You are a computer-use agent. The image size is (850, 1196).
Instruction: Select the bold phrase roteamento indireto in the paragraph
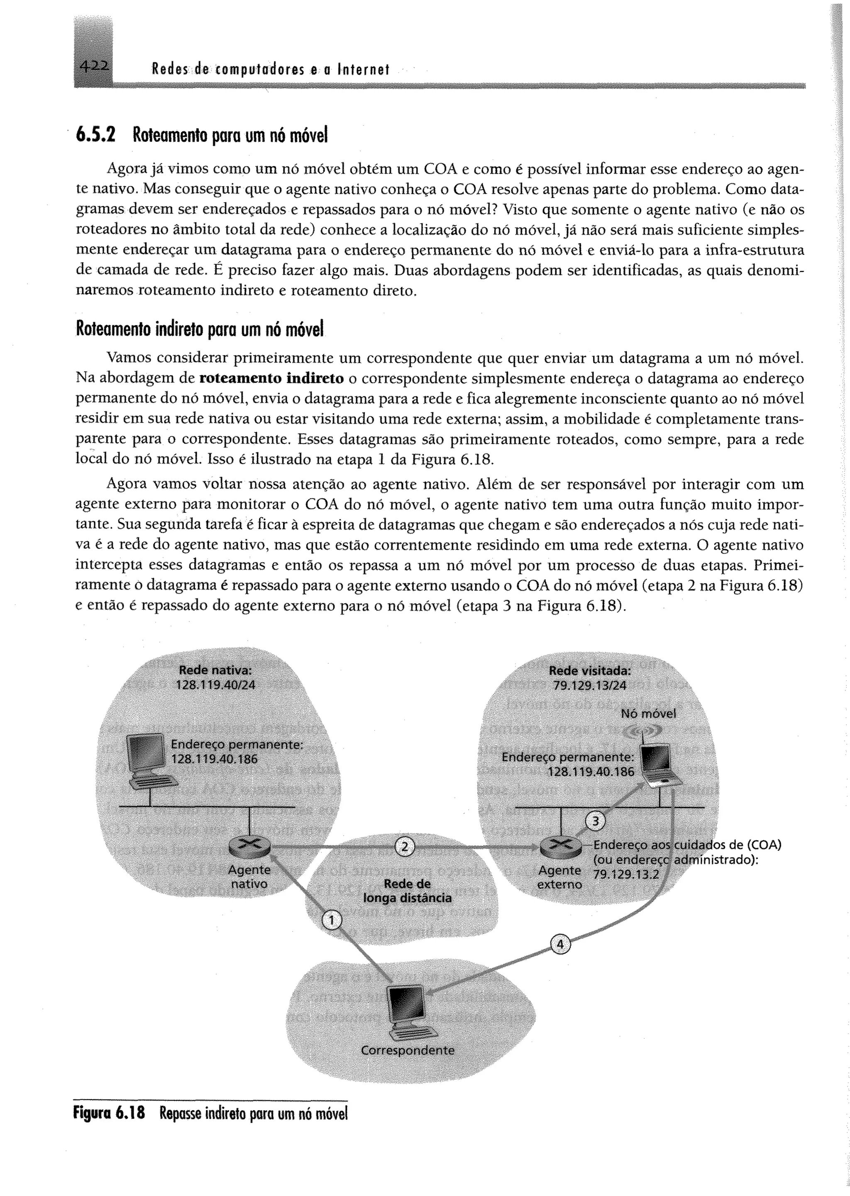coord(272,378)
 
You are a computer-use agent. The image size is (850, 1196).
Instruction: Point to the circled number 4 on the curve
coord(559,944)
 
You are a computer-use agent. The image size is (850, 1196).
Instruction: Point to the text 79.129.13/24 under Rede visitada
coord(589,685)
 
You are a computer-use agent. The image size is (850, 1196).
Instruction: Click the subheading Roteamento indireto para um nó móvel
coord(200,329)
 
